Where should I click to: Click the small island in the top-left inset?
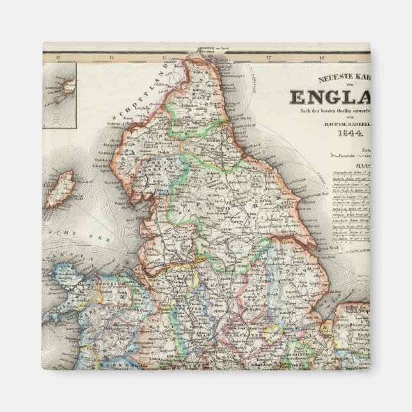[67, 85]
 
